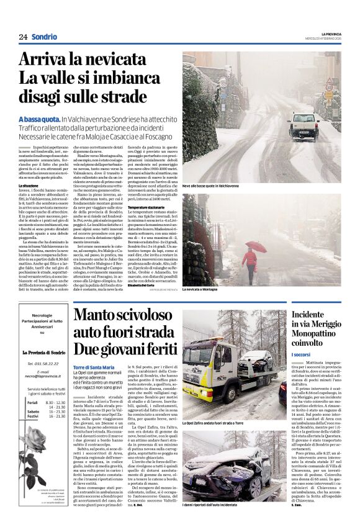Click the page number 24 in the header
(x=23, y=37)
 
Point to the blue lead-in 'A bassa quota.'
(x=39, y=119)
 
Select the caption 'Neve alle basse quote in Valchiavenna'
(x=211, y=186)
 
